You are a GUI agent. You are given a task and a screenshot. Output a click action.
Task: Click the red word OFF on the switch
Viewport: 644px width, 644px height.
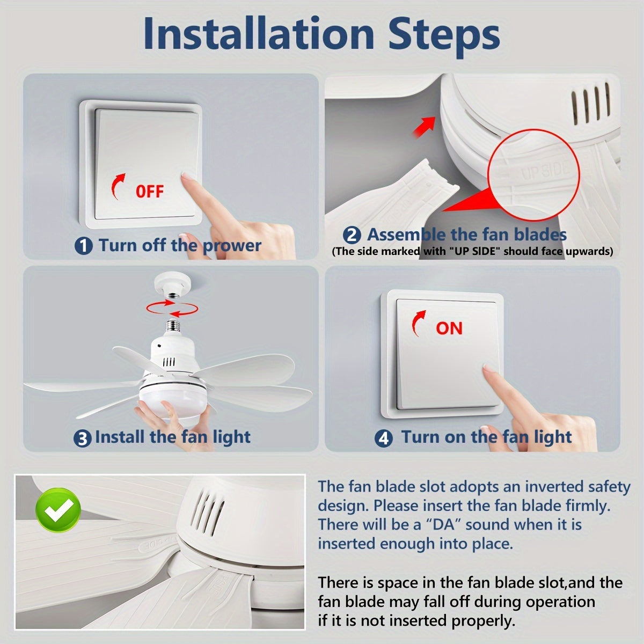click(150, 192)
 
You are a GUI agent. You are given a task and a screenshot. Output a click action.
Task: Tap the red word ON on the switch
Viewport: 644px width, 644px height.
click(449, 328)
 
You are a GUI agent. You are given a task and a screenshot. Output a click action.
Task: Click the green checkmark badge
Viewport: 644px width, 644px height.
click(58, 510)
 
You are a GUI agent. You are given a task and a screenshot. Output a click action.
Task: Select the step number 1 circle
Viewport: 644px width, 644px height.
click(83, 246)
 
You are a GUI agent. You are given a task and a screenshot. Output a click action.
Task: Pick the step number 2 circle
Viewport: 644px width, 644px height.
click(352, 235)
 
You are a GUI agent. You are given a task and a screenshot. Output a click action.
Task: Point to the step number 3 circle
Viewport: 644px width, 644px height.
click(82, 438)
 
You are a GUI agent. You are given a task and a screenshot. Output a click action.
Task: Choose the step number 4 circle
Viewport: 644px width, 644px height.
click(383, 438)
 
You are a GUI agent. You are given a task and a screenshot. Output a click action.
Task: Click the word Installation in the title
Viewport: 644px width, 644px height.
click(259, 34)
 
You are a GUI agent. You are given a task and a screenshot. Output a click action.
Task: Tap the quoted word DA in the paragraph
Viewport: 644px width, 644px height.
click(443, 525)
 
